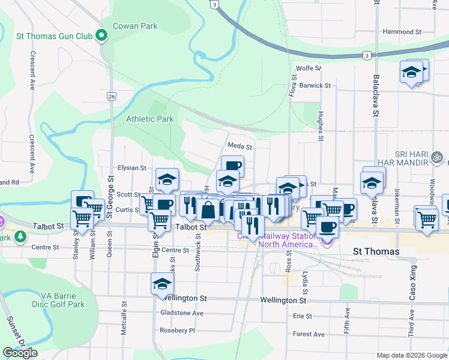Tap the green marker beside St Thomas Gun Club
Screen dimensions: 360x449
pos(101,37)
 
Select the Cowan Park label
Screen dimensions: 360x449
pos(136,26)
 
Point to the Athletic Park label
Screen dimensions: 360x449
pos(149,119)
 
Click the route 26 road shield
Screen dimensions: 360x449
pos(112,96)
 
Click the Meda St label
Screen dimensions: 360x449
pos(240,146)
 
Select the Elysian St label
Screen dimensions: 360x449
pos(132,168)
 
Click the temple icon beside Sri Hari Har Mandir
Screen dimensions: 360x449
pos(438,159)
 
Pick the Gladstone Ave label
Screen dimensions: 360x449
pos(182,313)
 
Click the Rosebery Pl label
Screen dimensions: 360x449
pos(177,331)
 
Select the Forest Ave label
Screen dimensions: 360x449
pos(309,334)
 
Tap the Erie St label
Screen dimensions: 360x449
pos(303,316)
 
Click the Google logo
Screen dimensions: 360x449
pos(20,353)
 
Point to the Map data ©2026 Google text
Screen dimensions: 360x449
pos(411,355)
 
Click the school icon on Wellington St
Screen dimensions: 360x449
pos(162,285)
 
